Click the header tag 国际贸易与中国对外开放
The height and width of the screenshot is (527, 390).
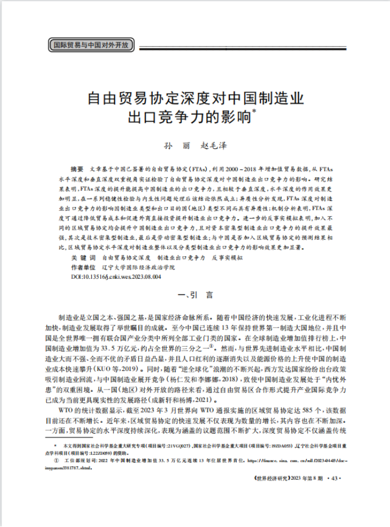pyautogui.click(x=90, y=44)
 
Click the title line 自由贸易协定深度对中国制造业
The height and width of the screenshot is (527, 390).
pyautogui.click(x=195, y=100)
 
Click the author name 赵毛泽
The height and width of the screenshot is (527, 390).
pyautogui.click(x=214, y=145)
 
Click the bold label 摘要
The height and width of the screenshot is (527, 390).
pyautogui.click(x=77, y=168)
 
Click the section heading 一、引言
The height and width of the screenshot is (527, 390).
pyautogui.click(x=194, y=294)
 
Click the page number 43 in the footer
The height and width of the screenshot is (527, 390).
pyautogui.click(x=335, y=477)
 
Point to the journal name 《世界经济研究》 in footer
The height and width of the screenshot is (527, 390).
pyautogui.click(x=268, y=477)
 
